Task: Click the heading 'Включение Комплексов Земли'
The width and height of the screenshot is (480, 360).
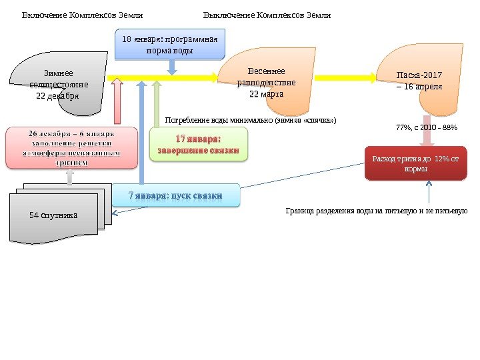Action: [83, 15]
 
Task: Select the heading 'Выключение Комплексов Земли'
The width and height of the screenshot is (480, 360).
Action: [267, 15]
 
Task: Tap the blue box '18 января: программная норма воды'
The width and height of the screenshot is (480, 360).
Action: [171, 44]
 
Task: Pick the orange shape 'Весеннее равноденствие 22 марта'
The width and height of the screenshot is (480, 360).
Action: [267, 83]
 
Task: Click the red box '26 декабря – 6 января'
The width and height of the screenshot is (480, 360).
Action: [70, 148]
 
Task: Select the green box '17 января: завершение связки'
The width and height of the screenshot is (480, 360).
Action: [197, 145]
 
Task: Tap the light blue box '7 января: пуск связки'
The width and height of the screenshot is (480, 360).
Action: [175, 195]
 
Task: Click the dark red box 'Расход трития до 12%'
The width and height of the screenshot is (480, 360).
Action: [417, 164]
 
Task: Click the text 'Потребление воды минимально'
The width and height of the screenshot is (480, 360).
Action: [250, 121]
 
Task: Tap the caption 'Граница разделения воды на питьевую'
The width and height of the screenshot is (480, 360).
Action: [377, 211]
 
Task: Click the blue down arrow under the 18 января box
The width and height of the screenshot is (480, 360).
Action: [171, 66]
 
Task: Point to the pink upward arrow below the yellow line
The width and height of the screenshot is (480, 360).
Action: [117, 103]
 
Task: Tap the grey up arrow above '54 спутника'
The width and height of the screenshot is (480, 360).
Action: [70, 175]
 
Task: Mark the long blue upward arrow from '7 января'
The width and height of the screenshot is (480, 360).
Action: [141, 133]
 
